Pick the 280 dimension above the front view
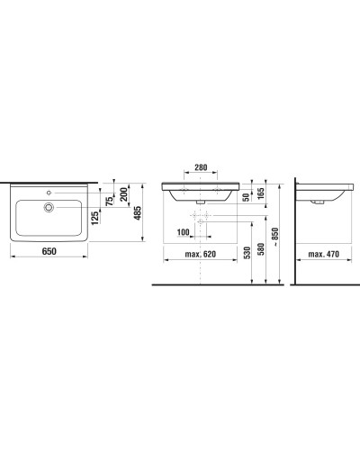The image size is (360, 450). [x=202, y=167]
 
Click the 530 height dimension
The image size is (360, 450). [x=248, y=255]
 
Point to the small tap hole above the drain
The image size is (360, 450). [x=49, y=193]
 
